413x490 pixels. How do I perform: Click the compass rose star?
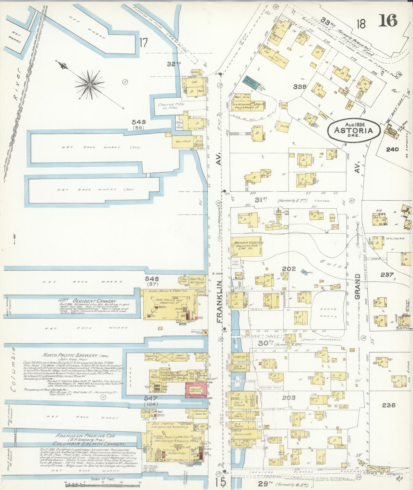pyautogui.click(x=90, y=84)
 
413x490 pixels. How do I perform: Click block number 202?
pyautogui.click(x=289, y=269)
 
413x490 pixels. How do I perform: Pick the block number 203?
pyautogui.click(x=289, y=398)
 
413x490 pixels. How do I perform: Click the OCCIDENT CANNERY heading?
pyautogui.click(x=94, y=301)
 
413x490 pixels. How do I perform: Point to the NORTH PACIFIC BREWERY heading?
pyautogui.click(x=70, y=356)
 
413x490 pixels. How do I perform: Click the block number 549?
pyautogui.click(x=139, y=122)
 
